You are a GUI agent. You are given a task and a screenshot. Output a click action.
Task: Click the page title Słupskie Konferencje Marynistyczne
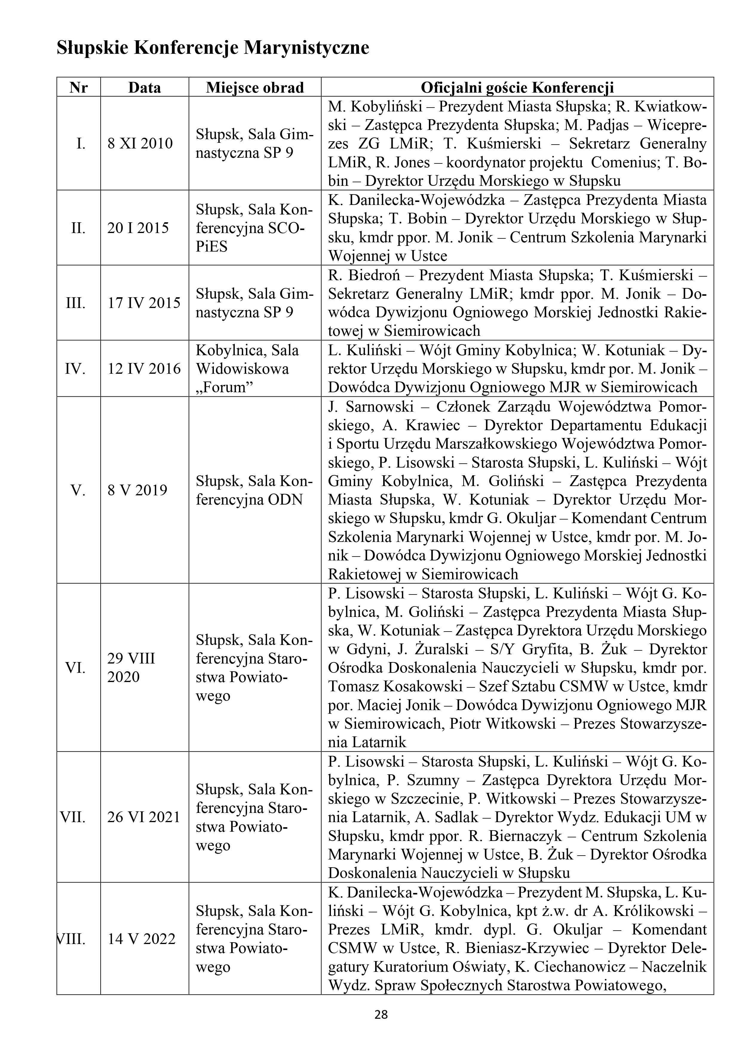(213, 48)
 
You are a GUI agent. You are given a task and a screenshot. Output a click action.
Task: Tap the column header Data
(144, 87)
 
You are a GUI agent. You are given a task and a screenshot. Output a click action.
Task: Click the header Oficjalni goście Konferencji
(517, 87)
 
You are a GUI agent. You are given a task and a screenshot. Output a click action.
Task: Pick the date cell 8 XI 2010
(140, 143)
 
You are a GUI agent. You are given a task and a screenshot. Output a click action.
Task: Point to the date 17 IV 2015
(144, 303)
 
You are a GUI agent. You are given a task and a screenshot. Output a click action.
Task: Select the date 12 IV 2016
(144, 368)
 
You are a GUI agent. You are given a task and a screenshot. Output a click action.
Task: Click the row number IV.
(75, 368)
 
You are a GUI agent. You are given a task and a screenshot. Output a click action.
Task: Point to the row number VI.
(75, 668)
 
